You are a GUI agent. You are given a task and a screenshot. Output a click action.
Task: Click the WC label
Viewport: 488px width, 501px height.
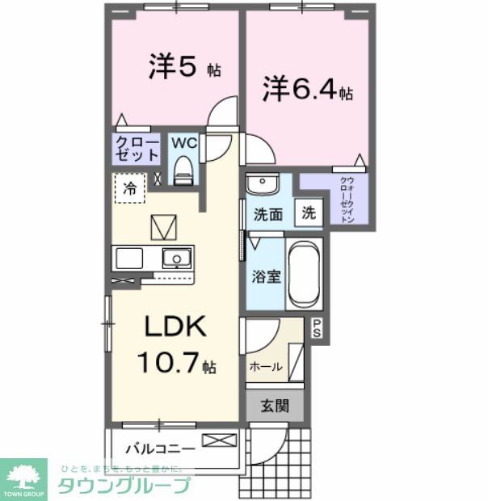[x=183, y=143]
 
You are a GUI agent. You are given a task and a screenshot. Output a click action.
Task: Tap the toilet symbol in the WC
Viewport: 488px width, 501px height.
[x=183, y=171]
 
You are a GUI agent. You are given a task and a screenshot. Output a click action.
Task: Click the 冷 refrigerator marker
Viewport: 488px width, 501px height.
[x=129, y=189]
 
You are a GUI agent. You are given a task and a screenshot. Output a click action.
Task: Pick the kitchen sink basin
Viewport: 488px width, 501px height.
[x=174, y=259]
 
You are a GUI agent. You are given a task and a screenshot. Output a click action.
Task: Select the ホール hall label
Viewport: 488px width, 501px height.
[x=266, y=366]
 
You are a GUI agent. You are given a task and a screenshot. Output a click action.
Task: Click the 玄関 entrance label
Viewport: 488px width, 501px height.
[x=274, y=406]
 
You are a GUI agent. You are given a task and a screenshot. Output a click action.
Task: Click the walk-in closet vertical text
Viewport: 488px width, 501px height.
[x=345, y=200]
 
